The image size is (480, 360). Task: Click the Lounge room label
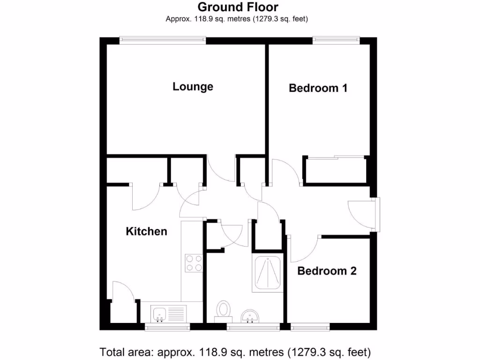[193, 87]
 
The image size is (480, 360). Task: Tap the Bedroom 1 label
[318, 88]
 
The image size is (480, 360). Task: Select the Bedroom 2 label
[327, 271]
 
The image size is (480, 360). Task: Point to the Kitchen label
[146, 232]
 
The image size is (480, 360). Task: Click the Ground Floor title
[238, 7]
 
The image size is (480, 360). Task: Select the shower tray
[268, 274]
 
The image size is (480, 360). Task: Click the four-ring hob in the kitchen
[194, 262]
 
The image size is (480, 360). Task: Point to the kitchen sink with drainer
[169, 313]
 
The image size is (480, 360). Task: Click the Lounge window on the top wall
[163, 41]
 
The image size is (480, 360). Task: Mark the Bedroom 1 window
[336, 41]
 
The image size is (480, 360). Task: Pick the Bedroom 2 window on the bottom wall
[309, 326]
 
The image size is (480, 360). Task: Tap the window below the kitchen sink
[167, 326]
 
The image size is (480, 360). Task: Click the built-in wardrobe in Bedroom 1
[335, 170]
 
